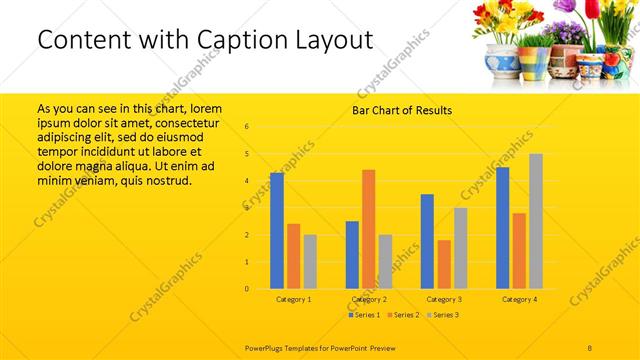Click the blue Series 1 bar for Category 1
[x=277, y=231]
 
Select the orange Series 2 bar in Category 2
[x=369, y=229]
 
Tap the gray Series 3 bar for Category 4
[x=536, y=221]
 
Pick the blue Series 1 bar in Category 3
[x=427, y=241]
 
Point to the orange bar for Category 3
[x=444, y=264]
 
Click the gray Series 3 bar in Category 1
[x=310, y=262]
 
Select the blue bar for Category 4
[x=502, y=228]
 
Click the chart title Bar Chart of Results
[x=402, y=110]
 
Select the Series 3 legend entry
[x=442, y=316]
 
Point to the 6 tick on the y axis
[x=247, y=127]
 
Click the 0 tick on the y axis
[x=247, y=289]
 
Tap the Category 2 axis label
[x=369, y=299]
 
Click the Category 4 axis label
[x=519, y=299]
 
